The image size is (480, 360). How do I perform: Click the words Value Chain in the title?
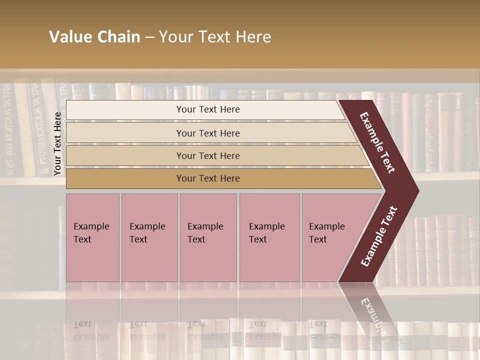(x=94, y=37)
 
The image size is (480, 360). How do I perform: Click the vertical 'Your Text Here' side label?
(x=57, y=143)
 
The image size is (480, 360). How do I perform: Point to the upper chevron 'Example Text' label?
(x=377, y=142)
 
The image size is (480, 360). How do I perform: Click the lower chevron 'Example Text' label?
(x=379, y=236)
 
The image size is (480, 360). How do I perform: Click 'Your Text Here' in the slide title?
(x=215, y=37)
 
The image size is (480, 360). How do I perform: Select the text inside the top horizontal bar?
(x=208, y=109)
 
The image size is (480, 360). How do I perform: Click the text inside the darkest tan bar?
(x=208, y=178)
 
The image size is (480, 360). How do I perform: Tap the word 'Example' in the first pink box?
(x=91, y=226)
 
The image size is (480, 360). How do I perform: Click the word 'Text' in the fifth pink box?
(x=318, y=239)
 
